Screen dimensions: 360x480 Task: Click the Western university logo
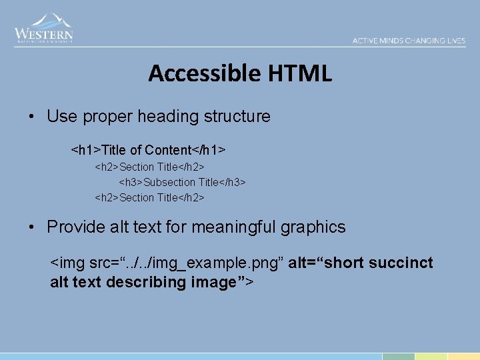(x=44, y=29)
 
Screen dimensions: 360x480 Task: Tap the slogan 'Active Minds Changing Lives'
(x=409, y=41)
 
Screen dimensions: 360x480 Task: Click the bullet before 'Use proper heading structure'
(x=32, y=117)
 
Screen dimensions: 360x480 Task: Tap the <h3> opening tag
(x=131, y=182)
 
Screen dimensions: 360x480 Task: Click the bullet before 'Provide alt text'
(x=32, y=227)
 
